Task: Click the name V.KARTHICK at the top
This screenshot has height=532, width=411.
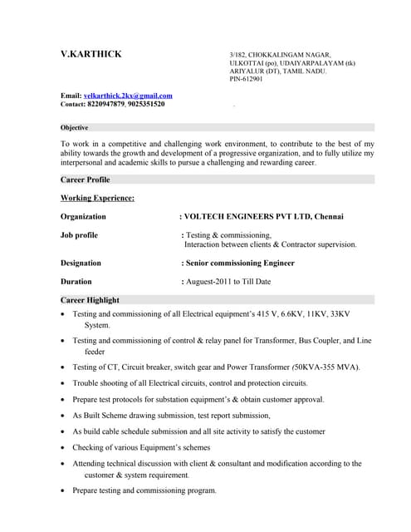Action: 91,55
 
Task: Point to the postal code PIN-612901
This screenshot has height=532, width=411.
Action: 246,80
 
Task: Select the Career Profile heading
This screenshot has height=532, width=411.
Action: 86,180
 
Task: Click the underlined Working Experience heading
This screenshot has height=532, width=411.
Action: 97,198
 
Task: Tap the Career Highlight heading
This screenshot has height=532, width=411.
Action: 90,300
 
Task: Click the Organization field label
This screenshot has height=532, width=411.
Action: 83,217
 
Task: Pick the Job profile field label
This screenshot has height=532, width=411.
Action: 79,235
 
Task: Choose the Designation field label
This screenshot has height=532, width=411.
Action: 81,263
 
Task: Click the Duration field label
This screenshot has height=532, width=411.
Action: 76,282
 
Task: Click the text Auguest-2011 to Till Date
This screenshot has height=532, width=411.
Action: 228,282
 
